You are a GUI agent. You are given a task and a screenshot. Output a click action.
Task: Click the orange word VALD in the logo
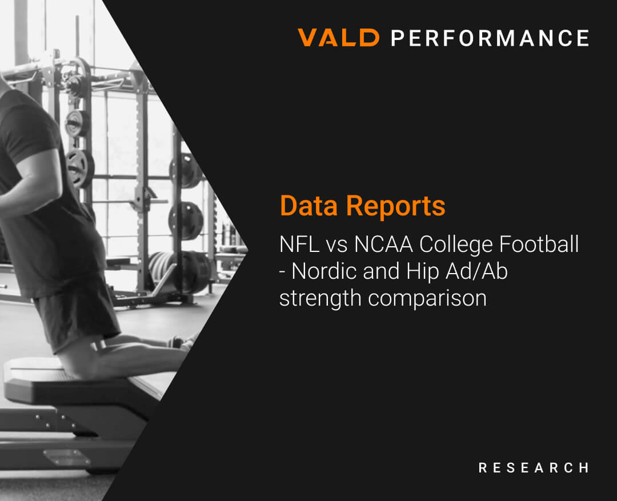click(x=338, y=38)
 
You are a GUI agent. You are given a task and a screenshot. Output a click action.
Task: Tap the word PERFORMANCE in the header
click(x=490, y=38)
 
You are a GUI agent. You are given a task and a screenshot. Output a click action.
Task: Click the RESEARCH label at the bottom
click(x=533, y=468)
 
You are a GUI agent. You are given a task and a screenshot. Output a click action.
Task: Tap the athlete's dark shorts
click(x=74, y=308)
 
